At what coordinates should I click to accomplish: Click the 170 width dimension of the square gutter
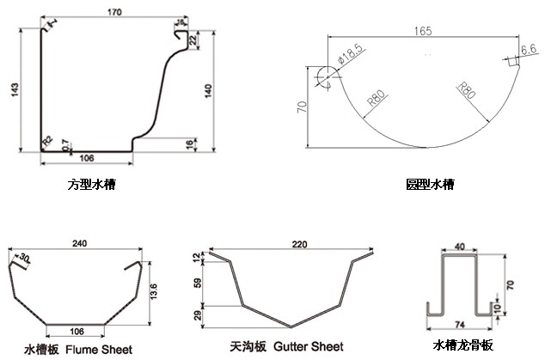click(x=113, y=13)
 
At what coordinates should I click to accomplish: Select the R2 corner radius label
click(x=47, y=140)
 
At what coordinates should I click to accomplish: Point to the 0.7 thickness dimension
click(x=68, y=148)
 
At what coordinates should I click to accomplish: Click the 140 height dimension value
click(x=208, y=90)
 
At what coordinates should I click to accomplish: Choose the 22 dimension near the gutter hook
click(x=193, y=40)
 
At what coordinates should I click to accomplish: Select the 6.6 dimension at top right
click(x=529, y=51)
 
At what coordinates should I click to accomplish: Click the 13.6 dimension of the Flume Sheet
click(x=152, y=292)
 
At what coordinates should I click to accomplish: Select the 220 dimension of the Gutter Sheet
click(x=299, y=245)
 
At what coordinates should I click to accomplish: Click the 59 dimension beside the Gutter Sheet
click(x=199, y=283)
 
